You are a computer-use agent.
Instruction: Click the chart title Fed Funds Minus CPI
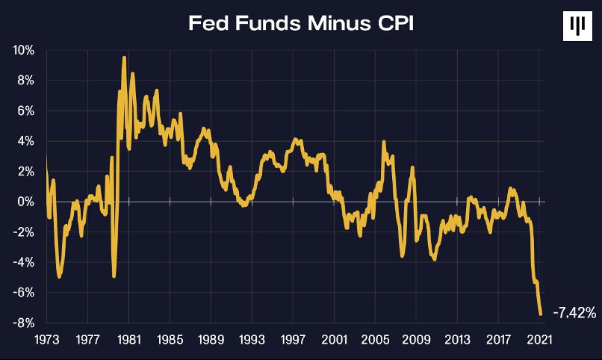tap(302, 23)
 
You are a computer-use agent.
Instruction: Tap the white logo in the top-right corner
tap(577, 26)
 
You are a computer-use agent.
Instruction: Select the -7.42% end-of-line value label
tap(575, 313)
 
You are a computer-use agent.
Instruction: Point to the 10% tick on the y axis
tap(23, 50)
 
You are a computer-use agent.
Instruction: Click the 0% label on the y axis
tap(25, 202)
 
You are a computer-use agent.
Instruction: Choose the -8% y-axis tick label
tap(23, 323)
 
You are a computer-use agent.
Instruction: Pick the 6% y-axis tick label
tap(25, 111)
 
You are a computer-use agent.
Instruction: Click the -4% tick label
tap(23, 262)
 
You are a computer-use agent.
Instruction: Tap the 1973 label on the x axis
tap(47, 340)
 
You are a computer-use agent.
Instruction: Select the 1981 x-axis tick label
tap(129, 340)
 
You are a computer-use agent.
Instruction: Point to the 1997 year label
tap(293, 340)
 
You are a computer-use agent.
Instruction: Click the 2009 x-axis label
tap(416, 340)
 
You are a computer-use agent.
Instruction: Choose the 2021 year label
tap(539, 340)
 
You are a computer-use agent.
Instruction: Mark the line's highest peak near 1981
tap(124, 58)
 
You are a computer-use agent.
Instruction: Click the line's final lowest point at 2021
tap(541, 314)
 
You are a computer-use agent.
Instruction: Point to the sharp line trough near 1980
tap(114, 276)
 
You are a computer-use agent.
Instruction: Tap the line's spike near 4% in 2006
tap(384, 143)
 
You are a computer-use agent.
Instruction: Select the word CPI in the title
tap(396, 23)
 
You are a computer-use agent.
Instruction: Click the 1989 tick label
tap(211, 340)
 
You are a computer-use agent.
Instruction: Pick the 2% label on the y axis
tap(25, 172)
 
